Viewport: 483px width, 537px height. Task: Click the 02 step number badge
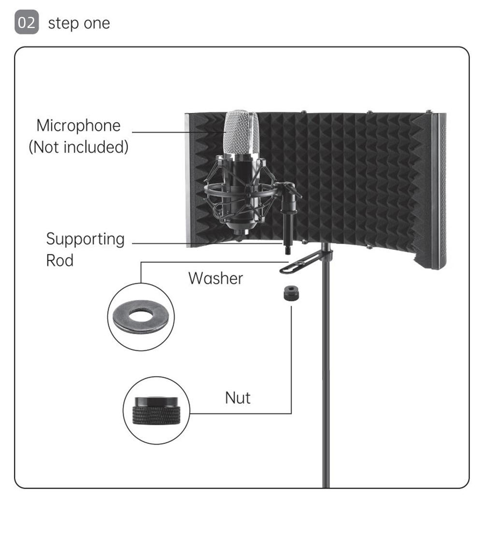click(x=27, y=23)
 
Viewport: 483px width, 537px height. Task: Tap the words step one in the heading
click(x=79, y=23)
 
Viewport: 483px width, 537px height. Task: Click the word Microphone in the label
click(x=78, y=126)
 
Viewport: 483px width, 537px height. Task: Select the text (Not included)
click(x=78, y=147)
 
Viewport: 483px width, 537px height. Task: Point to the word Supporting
click(x=85, y=239)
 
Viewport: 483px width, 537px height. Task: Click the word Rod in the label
click(x=59, y=260)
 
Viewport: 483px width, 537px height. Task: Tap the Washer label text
click(x=215, y=278)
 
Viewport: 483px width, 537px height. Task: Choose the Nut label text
click(x=238, y=398)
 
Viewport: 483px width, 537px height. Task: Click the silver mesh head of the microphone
click(x=240, y=131)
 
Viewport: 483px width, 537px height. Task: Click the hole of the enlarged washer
click(x=141, y=317)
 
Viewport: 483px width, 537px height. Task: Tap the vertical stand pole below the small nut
click(x=327, y=386)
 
